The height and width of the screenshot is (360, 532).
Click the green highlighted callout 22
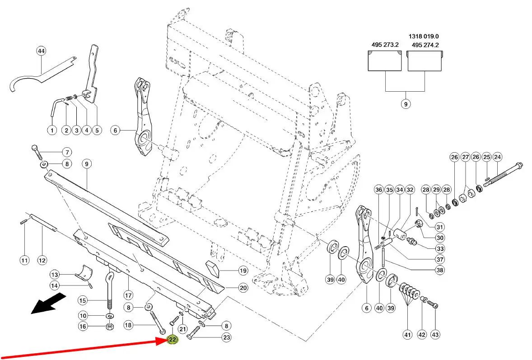coord(173,340)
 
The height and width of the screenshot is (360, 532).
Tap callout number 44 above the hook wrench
coord(41,51)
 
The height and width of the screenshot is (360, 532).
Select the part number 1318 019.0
coord(424,36)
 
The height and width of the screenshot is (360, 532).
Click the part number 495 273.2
coord(385,45)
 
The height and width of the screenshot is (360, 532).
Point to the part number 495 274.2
coord(425,45)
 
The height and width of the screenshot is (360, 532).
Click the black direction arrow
coord(48,303)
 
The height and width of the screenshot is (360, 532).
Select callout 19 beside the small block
coord(243,271)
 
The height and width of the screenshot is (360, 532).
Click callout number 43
coord(435,335)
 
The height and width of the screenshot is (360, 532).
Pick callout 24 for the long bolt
coord(497,157)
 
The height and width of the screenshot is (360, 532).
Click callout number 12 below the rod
coord(42,260)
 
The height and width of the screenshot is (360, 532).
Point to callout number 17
coord(128,296)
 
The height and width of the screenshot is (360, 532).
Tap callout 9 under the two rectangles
coord(405,104)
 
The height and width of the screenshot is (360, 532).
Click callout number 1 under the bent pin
coord(52,131)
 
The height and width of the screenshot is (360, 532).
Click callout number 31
coord(439,227)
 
